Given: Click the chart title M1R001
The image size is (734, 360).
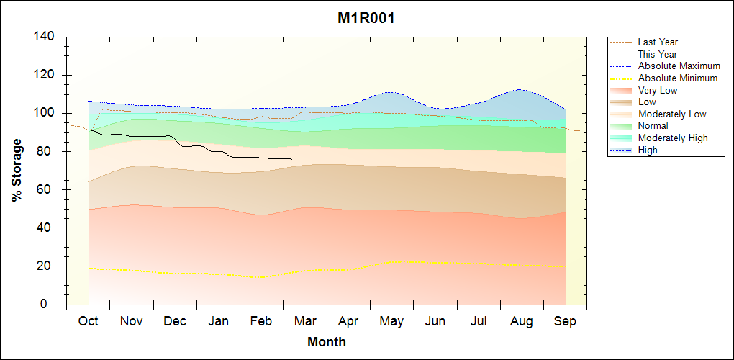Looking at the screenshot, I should (x=366, y=18).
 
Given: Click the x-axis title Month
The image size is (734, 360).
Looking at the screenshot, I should (x=327, y=342).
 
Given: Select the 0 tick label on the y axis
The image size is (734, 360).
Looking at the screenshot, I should (x=53, y=305).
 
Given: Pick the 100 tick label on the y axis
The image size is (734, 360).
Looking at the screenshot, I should (x=46, y=113).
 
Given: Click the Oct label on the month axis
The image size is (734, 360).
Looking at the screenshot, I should (x=88, y=321).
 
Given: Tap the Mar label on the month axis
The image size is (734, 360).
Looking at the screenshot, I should (x=305, y=321).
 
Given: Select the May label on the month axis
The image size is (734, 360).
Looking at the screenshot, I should (x=391, y=321).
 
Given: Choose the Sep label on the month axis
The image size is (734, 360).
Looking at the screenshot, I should (x=565, y=321).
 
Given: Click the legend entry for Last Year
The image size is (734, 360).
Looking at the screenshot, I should (x=658, y=42).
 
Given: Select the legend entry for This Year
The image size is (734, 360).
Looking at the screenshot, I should (x=657, y=54).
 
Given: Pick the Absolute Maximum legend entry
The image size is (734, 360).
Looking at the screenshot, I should (x=679, y=66).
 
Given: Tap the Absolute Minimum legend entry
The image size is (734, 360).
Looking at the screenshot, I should (x=678, y=78).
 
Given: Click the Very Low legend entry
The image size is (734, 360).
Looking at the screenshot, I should (x=658, y=90).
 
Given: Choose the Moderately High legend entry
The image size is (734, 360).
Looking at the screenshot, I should (x=673, y=138).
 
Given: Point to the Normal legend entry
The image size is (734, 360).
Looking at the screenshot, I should (x=653, y=126).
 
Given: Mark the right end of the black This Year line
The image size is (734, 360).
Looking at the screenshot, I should (x=291, y=159).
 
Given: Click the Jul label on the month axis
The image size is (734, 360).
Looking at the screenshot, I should (x=479, y=321).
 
